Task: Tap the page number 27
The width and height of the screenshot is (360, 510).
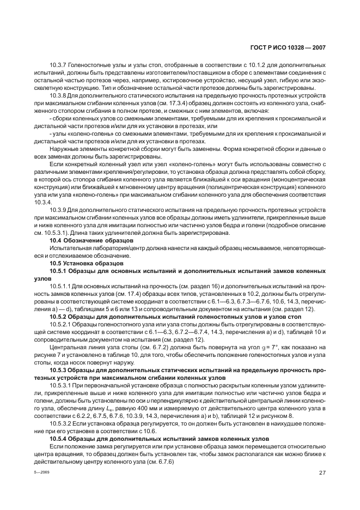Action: pos(322,473)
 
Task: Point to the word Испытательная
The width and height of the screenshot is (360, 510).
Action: pos(70,247)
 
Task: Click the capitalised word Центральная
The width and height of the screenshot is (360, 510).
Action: pos(68,347)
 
